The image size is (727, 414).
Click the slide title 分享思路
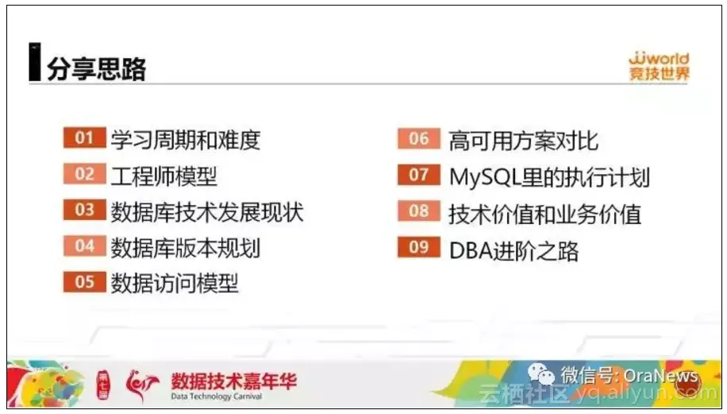pyautogui.click(x=96, y=68)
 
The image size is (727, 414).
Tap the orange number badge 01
pyautogui.click(x=84, y=138)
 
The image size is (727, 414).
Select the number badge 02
pyautogui.click(x=84, y=174)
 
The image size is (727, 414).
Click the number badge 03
pyautogui.click(x=84, y=210)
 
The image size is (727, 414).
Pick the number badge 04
pyautogui.click(x=84, y=246)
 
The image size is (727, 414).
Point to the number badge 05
pyautogui.click(x=84, y=281)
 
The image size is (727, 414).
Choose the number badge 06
pyautogui.click(x=418, y=139)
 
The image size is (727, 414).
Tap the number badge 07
pyautogui.click(x=418, y=175)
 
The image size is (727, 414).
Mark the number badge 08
pyautogui.click(x=418, y=211)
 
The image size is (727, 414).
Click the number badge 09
pyautogui.click(x=418, y=247)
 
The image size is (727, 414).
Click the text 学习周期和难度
pyautogui.click(x=186, y=140)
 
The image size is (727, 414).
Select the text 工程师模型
pyautogui.click(x=163, y=176)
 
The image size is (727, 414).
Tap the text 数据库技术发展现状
pyautogui.click(x=206, y=211)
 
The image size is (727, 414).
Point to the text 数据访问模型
pyautogui.click(x=175, y=283)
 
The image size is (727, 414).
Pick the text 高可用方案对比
pyautogui.click(x=523, y=141)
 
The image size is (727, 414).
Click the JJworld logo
pyautogui.click(x=658, y=67)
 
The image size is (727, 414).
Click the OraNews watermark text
pyautogui.click(x=660, y=375)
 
